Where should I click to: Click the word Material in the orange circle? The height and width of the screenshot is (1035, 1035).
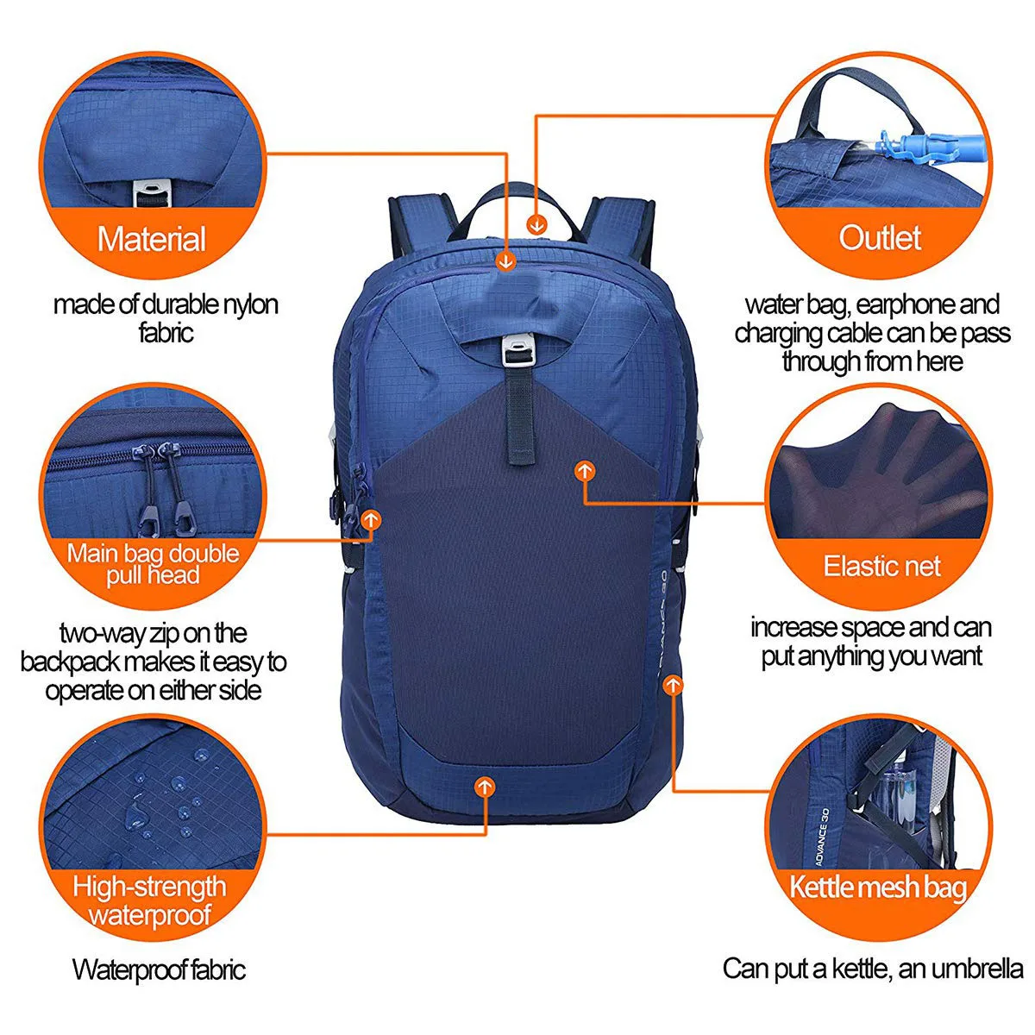coord(152,239)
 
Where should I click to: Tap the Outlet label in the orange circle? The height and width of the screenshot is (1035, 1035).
coord(880,237)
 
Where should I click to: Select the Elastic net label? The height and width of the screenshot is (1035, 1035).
coord(882,566)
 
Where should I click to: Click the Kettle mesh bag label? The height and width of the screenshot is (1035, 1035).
coord(878,887)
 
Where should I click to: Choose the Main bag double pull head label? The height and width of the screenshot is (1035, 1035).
coord(153,564)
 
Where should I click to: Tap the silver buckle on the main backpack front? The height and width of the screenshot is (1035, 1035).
coord(518,349)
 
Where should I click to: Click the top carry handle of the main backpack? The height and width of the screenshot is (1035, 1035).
coord(517,207)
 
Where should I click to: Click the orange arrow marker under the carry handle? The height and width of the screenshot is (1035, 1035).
coord(536,224)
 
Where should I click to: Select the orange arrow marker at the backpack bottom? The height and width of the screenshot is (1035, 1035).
coord(485,787)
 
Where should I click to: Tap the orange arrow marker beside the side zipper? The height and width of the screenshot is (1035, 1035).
coord(371,519)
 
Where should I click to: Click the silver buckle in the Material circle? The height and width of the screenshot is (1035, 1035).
coord(152,193)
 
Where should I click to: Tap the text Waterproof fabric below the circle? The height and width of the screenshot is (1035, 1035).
coord(160,969)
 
